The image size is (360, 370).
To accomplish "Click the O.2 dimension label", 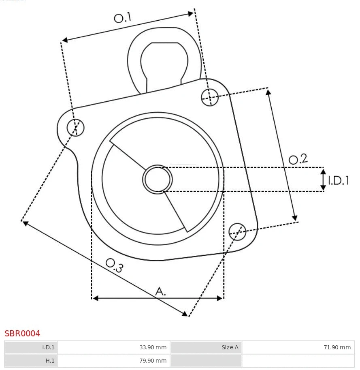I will coord(298,159).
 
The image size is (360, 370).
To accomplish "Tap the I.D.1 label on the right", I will coord(339,180).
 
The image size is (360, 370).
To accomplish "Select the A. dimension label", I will coord(161,291).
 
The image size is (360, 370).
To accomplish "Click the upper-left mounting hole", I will coord(76,128).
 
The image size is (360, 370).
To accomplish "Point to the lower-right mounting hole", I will coord(237,231).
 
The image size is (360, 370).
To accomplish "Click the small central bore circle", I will coord(158,179).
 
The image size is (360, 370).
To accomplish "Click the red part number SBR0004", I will coord(22,334).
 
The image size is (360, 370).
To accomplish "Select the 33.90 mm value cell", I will coord(114,347).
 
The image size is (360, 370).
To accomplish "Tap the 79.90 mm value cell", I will coord(114,361).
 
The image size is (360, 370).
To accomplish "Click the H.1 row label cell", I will coord(32,361).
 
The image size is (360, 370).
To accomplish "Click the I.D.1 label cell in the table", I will coord(32,347).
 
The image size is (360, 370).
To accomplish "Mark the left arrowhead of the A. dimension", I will coord(96,298).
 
